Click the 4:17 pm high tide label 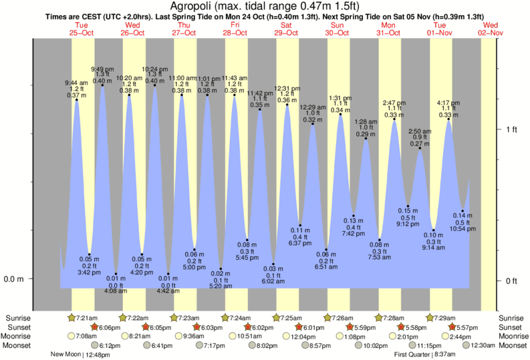(448, 104)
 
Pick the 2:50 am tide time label (420, 131)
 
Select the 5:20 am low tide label (221, 286)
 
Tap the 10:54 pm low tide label (462, 228)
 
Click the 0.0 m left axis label (14, 279)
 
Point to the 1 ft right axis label (511, 130)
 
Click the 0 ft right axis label (511, 281)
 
